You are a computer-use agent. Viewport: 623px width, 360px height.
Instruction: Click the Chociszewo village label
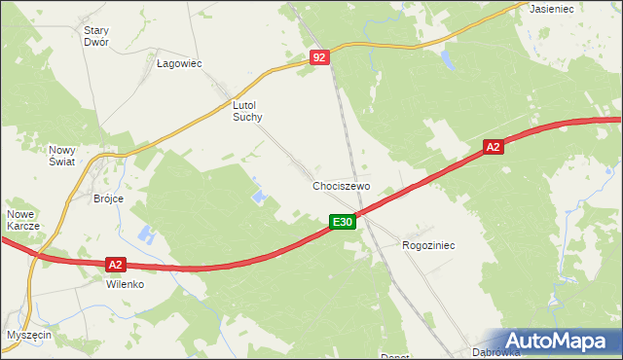coord(341,185)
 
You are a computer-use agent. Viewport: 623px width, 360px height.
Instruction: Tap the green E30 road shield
coord(341,223)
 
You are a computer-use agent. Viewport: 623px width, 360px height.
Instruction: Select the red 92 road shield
coord(321,58)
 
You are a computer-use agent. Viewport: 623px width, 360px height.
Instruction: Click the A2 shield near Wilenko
coord(115,264)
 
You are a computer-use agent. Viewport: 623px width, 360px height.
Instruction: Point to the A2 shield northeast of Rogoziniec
coord(494,147)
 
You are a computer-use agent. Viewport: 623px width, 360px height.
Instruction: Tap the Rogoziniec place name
coord(428,246)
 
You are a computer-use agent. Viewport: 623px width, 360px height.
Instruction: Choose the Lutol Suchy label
coord(248,110)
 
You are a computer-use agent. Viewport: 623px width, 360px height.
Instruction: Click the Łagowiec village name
coord(179,63)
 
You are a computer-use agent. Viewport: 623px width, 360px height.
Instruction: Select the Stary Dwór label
coord(96,36)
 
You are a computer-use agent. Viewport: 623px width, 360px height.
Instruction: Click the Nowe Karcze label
coord(23,219)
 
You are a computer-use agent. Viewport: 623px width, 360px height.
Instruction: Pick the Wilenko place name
coord(126,285)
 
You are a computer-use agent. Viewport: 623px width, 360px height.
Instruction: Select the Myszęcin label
coord(29,334)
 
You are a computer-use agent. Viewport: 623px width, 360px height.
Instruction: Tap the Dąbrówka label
coord(495,352)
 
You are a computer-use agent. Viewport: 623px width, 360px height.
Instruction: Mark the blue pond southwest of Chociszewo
coord(260,197)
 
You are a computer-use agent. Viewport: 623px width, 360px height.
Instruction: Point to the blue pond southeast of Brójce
coord(147,234)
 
